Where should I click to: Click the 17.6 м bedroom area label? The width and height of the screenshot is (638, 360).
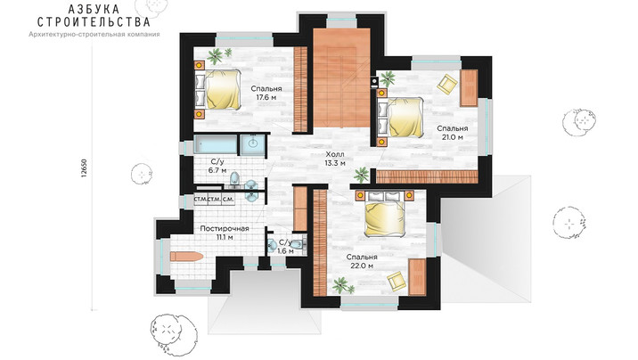266,98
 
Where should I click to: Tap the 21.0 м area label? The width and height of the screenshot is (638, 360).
453,137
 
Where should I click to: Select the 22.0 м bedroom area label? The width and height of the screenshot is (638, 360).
362,266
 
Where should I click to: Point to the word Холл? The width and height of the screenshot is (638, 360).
334,154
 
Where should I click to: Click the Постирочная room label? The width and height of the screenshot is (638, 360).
225,229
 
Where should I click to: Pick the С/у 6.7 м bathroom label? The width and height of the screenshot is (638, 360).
217,166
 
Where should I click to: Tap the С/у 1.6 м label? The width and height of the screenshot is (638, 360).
286,247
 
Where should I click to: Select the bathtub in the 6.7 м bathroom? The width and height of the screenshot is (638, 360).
216,144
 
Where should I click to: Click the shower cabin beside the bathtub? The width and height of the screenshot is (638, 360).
252,144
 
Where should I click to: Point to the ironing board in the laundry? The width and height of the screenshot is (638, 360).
186,257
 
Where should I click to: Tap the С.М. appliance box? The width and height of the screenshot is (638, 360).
228,200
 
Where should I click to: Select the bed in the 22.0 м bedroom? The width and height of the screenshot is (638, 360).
384,213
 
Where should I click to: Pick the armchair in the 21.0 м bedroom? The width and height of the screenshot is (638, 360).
447,84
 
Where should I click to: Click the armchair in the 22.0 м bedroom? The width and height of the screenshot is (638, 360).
397,282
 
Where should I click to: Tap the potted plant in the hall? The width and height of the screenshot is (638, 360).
361,175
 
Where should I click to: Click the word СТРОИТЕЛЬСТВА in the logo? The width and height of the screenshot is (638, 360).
94,21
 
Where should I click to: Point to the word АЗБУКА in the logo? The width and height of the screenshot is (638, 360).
94,9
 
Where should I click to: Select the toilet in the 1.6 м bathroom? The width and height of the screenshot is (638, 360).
299,244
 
